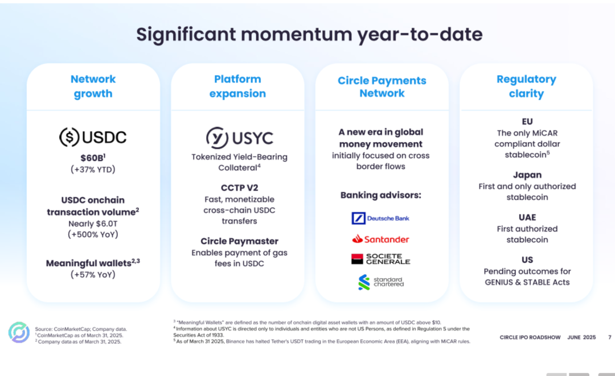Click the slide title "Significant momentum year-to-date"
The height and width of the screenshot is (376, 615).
[309, 35]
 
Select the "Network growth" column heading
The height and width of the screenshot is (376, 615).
[93, 86]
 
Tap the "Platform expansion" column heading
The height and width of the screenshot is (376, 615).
[237, 86]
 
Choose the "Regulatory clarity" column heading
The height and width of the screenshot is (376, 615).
[526, 86]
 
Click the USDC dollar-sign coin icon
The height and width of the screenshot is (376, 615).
[69, 137]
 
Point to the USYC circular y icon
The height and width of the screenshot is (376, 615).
[218, 138]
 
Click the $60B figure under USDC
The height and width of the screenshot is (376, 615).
[93, 158]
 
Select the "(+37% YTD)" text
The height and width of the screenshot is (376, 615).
[93, 170]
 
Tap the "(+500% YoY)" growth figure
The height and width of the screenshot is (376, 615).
[93, 234]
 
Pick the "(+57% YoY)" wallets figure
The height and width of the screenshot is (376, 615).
[93, 275]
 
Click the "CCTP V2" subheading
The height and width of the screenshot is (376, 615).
[239, 188]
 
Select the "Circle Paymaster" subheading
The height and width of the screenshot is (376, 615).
[239, 241]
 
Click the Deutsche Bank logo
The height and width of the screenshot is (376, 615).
[380, 218]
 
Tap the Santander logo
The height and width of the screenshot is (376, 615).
[380, 239]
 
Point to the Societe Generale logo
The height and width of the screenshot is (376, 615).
[380, 259]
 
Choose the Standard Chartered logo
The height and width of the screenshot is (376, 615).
[380, 282]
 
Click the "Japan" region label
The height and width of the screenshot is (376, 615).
[527, 175]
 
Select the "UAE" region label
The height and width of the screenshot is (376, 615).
[527, 217]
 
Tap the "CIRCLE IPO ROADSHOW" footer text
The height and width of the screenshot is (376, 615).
[530, 337]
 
